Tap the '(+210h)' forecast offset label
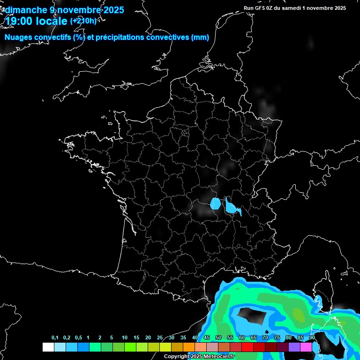click(x=83, y=21)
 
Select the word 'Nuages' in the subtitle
click(x=19, y=37)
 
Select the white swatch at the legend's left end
click(x=48, y=347)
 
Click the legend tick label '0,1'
click(x=54, y=338)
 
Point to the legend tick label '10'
click(x=124, y=338)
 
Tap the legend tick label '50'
click(x=218, y=338)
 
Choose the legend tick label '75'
click(x=277, y=338)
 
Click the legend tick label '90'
click(x=312, y=338)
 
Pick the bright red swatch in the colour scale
click(x=247, y=347)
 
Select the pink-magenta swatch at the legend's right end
click(x=306, y=347)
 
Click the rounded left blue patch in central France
click(x=216, y=203)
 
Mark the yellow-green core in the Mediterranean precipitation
click(x=298, y=313)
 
